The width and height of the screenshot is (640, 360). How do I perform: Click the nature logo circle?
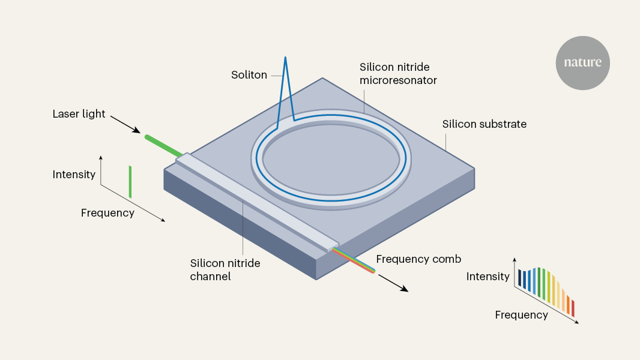coord(582,63)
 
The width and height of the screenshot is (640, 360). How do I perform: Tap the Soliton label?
coord(249,75)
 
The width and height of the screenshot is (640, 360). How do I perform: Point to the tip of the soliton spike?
coord(285,58)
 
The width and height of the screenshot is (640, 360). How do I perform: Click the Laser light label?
coord(79,114)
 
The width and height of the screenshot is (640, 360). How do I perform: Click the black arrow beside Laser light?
coord(127,125)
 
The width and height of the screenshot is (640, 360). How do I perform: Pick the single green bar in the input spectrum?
coord(130,182)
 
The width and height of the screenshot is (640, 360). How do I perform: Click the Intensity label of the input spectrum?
coord(74,175)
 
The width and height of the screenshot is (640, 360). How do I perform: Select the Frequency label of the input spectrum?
coord(107,212)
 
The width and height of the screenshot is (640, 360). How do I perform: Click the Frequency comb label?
coord(418,259)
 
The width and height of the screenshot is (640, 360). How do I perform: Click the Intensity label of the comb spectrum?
coord(488,277)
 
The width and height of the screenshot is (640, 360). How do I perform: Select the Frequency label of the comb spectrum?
coord(521,314)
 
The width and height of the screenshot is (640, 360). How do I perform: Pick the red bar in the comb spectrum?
coord(573,308)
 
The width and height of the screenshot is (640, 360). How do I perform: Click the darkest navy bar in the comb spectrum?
coord(520,278)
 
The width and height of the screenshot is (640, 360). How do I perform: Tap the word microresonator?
coord(398,80)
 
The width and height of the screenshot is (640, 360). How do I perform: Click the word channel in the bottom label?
coord(210,276)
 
